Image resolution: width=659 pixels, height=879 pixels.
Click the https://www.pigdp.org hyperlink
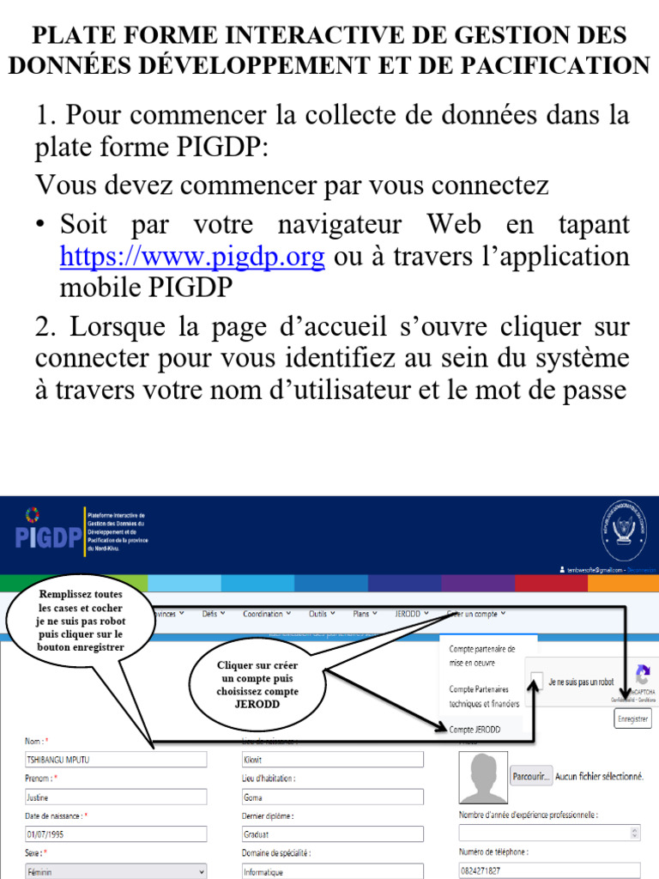point(192,257)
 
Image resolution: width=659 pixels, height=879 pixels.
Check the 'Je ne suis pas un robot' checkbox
point(535,682)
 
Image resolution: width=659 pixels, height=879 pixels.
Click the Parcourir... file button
point(530,776)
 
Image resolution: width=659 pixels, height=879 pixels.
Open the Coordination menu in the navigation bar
point(266,614)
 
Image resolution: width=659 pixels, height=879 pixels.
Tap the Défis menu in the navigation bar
point(214,614)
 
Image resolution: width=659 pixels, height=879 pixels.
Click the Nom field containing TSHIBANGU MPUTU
point(116,760)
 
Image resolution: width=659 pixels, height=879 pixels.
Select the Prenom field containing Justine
point(116,797)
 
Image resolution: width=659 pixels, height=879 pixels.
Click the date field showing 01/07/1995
point(116,834)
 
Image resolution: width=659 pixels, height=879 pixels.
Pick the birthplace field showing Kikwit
point(333,760)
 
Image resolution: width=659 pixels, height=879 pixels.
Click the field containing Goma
point(333,797)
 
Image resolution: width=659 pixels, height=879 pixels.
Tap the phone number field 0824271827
point(549,870)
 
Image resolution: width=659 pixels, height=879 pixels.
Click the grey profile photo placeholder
point(483,778)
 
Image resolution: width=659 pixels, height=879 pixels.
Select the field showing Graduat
point(333,834)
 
